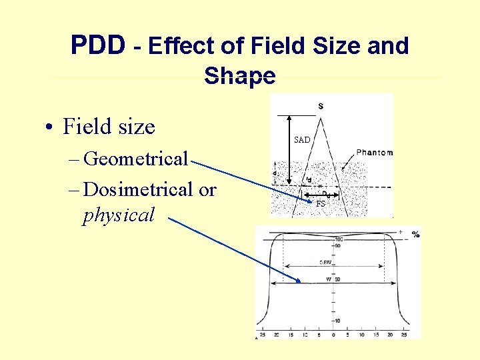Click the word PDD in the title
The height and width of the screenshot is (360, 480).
[97, 45]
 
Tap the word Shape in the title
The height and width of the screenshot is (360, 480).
[239, 75]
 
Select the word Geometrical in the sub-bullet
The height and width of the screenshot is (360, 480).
[137, 159]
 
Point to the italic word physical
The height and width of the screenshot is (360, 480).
[118, 215]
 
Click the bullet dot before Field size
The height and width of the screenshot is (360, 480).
[50, 127]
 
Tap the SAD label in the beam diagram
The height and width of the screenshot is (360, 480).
[302, 140]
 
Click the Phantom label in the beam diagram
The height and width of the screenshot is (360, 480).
[374, 153]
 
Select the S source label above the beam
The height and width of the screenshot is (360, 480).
[321, 106]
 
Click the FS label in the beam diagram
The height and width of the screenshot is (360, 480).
[321, 204]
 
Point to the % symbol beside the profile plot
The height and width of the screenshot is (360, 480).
[415, 234]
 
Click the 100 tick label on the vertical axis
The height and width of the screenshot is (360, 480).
[338, 239]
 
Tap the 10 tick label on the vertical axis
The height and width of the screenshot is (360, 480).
[338, 321]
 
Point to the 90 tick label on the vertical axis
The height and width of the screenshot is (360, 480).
[337, 246]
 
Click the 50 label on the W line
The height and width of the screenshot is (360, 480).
[338, 279]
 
